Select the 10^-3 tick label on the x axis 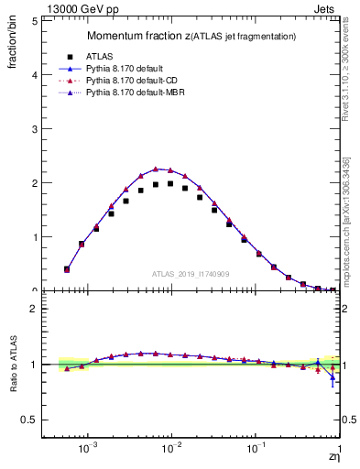[88, 451]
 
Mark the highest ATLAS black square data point [170, 183]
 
